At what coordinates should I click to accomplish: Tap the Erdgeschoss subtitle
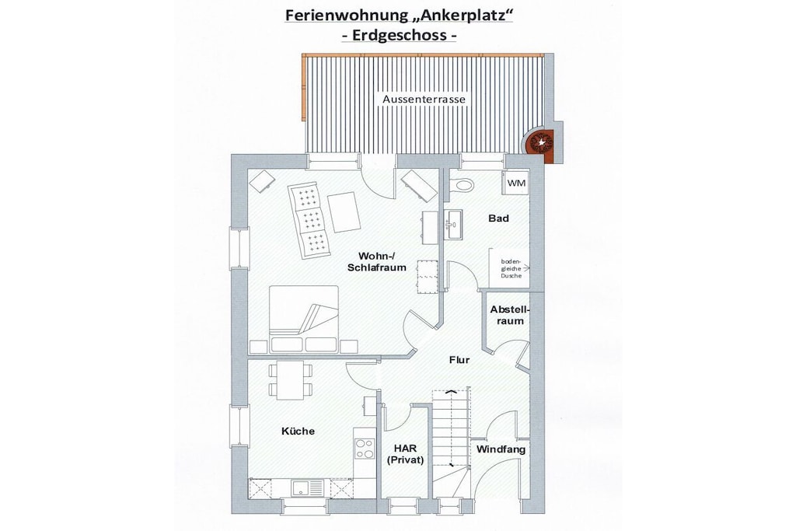coord(398,36)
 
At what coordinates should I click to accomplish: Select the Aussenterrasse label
coord(424,100)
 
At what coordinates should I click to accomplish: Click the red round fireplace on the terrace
coord(539,142)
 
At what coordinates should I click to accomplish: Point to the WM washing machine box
coord(516,183)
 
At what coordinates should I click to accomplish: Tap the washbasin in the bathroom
coord(454,224)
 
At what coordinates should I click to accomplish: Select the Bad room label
coord(498,218)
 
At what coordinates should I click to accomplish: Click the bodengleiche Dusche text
coord(511,268)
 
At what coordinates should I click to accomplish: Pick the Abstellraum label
coord(509,315)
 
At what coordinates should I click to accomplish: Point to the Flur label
coord(459,360)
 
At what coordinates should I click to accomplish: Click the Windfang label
coord(501,449)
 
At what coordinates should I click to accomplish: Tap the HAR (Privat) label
coord(405,454)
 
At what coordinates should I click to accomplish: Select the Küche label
coord(298,431)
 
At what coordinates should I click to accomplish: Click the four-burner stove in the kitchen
coord(365,449)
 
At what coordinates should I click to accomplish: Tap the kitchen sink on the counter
coord(306,488)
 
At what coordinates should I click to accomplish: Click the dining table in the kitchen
coord(290,380)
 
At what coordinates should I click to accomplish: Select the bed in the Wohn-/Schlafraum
coord(304,319)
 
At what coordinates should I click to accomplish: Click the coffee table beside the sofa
coord(344,212)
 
